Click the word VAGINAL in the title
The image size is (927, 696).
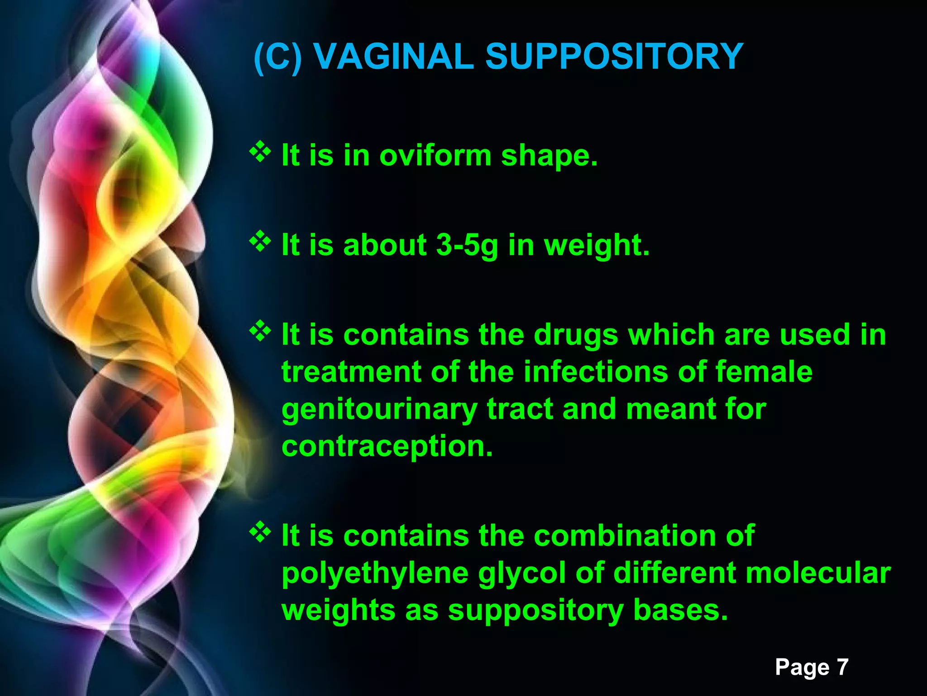pyautogui.click(x=393, y=57)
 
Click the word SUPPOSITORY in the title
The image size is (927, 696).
pyautogui.click(x=614, y=57)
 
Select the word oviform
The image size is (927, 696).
pyautogui.click(x=435, y=155)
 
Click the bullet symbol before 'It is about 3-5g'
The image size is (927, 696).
pyautogui.click(x=260, y=242)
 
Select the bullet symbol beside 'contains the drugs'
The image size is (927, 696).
pyautogui.click(x=260, y=331)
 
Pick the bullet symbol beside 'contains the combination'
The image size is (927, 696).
pyautogui.click(x=260, y=532)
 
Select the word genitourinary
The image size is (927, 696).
pyautogui.click(x=379, y=410)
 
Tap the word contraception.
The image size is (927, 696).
pyautogui.click(x=387, y=447)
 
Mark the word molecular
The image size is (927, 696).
pyautogui.click(x=818, y=573)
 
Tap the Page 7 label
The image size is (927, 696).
pyautogui.click(x=811, y=667)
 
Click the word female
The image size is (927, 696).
pyautogui.click(x=764, y=372)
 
